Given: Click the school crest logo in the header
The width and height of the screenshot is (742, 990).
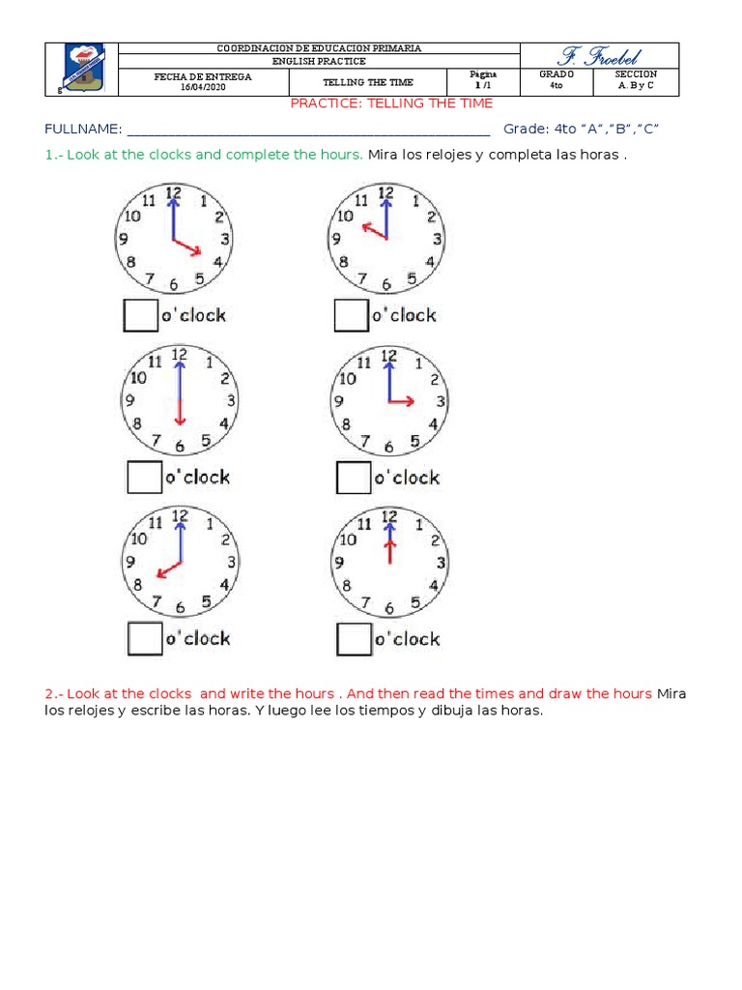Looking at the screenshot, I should tap(81, 69).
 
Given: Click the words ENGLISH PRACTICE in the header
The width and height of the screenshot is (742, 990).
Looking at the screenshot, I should tap(319, 61).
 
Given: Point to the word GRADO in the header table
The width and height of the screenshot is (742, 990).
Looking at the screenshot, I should tap(557, 74).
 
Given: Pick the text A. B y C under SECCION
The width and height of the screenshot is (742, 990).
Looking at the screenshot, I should tap(638, 85).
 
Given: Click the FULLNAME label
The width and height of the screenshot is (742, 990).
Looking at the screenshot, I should tap(83, 129).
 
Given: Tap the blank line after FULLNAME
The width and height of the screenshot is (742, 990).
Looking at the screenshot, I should tap(309, 131).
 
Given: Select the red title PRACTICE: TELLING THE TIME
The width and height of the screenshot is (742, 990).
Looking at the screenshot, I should tap(391, 103).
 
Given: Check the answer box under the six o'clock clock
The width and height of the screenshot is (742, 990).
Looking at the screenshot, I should tap(145, 477).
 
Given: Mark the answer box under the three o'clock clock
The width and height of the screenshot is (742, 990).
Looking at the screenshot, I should tap(354, 477).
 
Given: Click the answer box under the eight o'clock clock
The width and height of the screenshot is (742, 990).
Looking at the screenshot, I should tap(146, 638).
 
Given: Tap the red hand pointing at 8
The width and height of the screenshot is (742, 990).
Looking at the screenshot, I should tap(168, 569).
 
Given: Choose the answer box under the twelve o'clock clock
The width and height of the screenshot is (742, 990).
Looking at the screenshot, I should tap(354, 638).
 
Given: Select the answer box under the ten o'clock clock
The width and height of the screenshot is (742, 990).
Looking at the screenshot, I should tap(350, 315).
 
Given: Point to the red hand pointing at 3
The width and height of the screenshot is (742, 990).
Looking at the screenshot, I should tap(403, 400).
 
